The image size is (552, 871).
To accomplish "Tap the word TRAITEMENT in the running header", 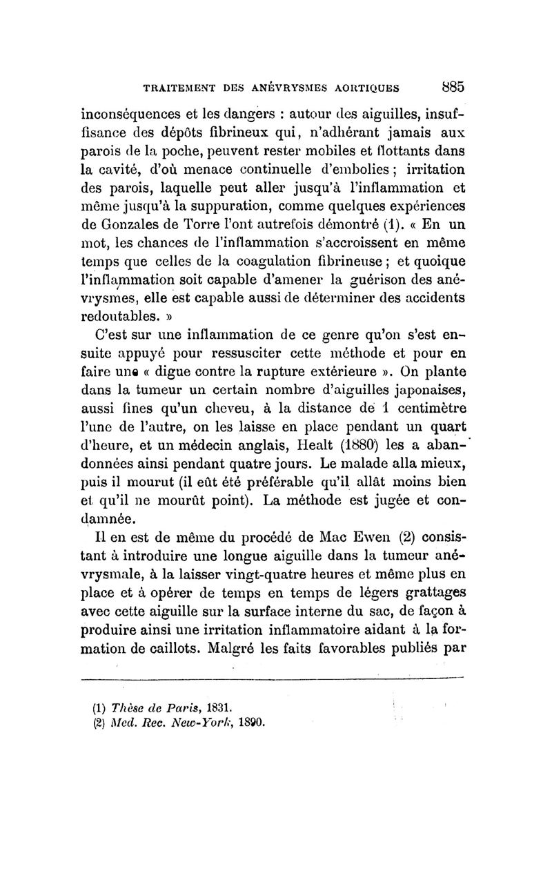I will (x=181, y=88).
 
